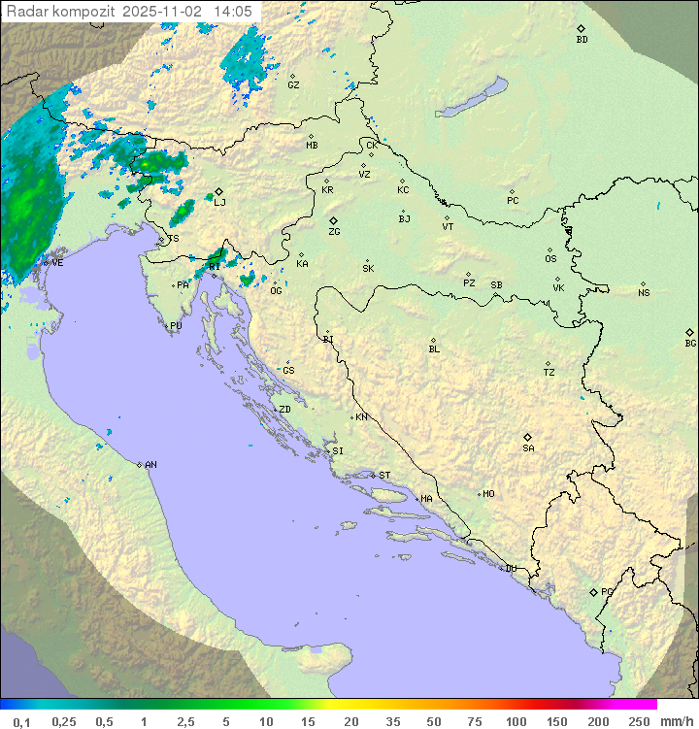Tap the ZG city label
[334, 232]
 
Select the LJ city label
[219, 202]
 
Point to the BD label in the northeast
[582, 40]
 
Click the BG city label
[690, 343]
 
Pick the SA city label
[528, 447]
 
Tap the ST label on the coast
[384, 476]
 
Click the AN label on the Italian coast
[150, 465]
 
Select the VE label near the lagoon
[57, 263]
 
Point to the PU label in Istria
[176, 326]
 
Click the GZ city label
[293, 85]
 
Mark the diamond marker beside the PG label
[594, 591]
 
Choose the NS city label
[644, 293]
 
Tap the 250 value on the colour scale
[639, 721]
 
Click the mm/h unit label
[676, 721]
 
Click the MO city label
[488, 494]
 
